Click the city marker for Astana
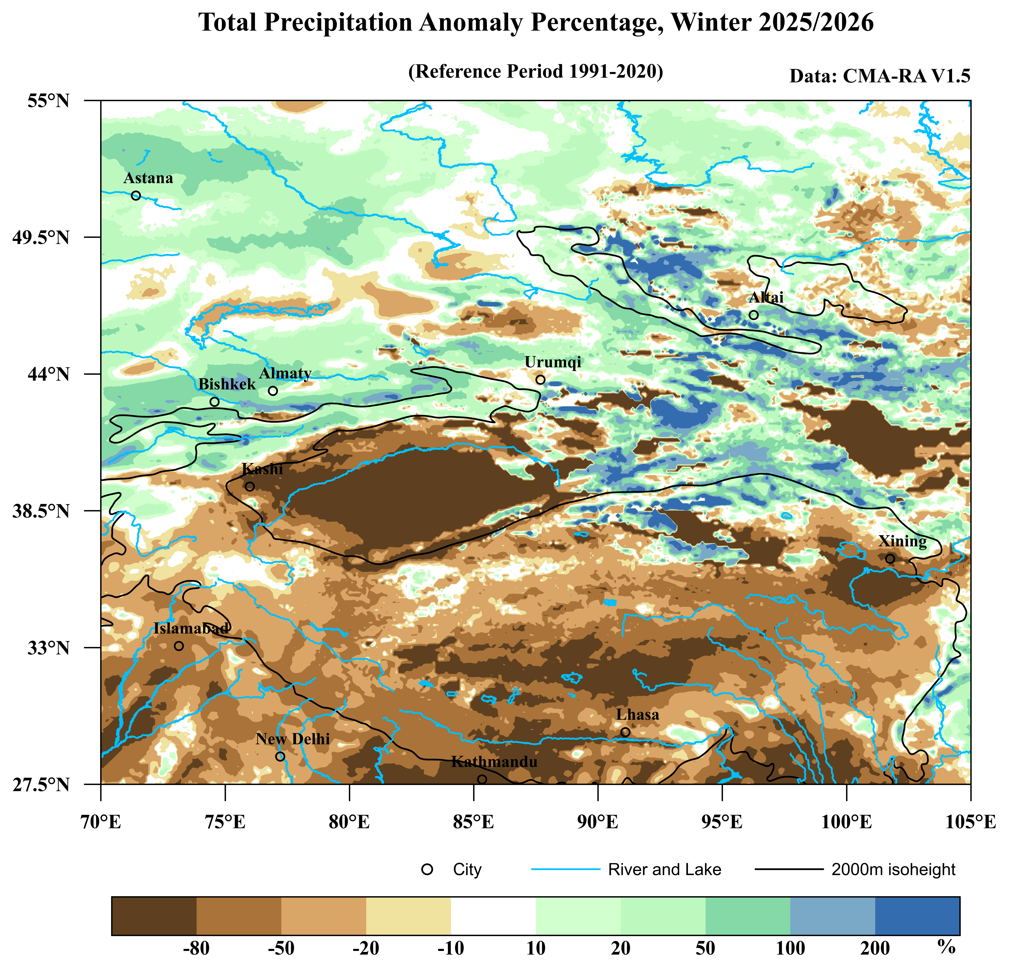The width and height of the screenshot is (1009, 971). click(136, 196)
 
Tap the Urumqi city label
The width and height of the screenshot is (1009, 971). click(553, 362)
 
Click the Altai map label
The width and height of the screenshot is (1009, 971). click(766, 297)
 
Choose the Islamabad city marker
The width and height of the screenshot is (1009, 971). click(179, 646)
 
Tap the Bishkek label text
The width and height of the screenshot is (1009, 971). click(227, 384)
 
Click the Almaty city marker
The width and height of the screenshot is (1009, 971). click(273, 391)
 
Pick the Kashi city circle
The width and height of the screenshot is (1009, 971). click(250, 486)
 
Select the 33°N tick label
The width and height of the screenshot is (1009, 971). click(48, 648)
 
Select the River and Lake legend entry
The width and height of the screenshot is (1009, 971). click(664, 870)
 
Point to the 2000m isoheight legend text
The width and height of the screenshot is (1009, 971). click(893, 870)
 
